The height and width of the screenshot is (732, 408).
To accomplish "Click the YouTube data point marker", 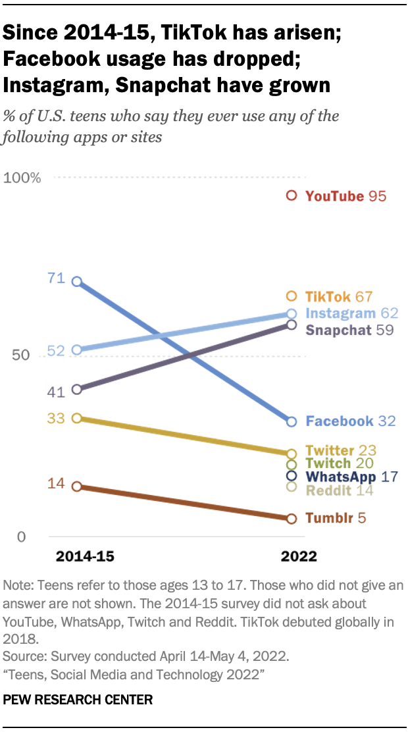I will [292, 196].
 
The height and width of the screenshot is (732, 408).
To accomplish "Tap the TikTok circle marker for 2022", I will [292, 296].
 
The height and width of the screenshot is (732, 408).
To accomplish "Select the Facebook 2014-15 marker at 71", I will [76, 282].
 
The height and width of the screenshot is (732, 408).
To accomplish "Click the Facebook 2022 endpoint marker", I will [292, 421].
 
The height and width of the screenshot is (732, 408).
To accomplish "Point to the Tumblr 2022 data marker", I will [292, 519].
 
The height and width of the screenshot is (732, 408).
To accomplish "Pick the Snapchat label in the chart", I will [339, 330].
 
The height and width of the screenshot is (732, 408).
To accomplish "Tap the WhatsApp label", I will [341, 476].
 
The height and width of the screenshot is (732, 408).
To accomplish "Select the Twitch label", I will [329, 463].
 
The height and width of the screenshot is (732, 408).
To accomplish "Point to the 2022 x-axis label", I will [299, 557].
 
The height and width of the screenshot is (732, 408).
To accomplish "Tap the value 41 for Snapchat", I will [55, 392].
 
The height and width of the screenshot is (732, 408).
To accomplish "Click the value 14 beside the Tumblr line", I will [55, 484].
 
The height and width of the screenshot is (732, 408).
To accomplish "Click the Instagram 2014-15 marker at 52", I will [76, 350].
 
